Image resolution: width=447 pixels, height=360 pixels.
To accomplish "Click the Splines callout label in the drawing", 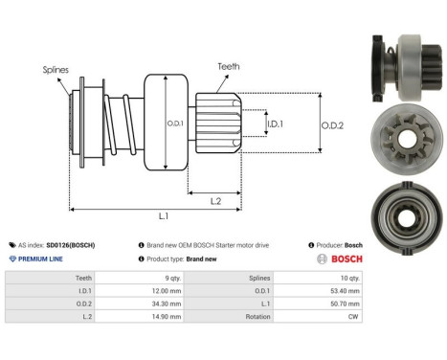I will pos(55,70).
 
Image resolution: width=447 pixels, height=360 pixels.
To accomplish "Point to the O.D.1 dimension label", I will pos(174,124).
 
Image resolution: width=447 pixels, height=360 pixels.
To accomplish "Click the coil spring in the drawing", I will pos(119,124).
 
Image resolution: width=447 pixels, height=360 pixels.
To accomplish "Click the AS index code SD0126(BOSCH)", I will pos(70,245).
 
